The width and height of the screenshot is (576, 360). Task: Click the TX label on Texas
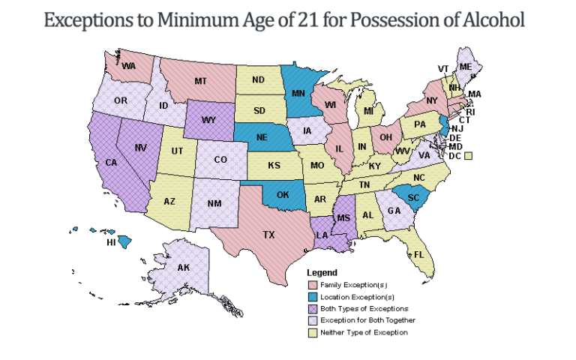pyautogui.click(x=268, y=235)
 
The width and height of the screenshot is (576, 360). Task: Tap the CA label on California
pyautogui.click(x=111, y=162)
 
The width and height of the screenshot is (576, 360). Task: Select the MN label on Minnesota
pyautogui.click(x=298, y=94)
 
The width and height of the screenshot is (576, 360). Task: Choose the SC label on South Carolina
pyautogui.click(x=412, y=196)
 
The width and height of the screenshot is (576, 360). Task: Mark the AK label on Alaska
pyautogui.click(x=183, y=267)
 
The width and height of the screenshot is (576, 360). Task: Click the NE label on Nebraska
pyautogui.click(x=260, y=137)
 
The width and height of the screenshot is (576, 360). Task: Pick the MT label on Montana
pyautogui.click(x=200, y=80)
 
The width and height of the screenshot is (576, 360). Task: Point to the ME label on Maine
pyautogui.click(x=466, y=67)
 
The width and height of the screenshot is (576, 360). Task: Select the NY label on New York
pyautogui.click(x=431, y=100)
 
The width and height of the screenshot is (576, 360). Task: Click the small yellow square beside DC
pyautogui.click(x=468, y=156)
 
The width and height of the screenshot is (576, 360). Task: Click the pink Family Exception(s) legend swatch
pyautogui.click(x=313, y=285)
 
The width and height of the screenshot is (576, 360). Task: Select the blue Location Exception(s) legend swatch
pyautogui.click(x=313, y=297)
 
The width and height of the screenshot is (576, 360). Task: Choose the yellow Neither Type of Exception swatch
pyautogui.click(x=313, y=332)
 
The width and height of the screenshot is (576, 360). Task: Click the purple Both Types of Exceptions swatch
pyautogui.click(x=313, y=308)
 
